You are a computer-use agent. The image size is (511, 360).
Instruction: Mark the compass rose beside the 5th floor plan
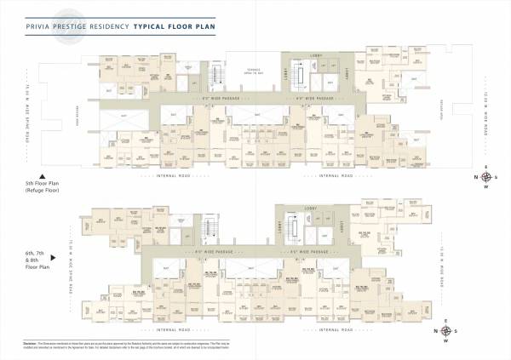485,177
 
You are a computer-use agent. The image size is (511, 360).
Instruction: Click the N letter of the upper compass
474,177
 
